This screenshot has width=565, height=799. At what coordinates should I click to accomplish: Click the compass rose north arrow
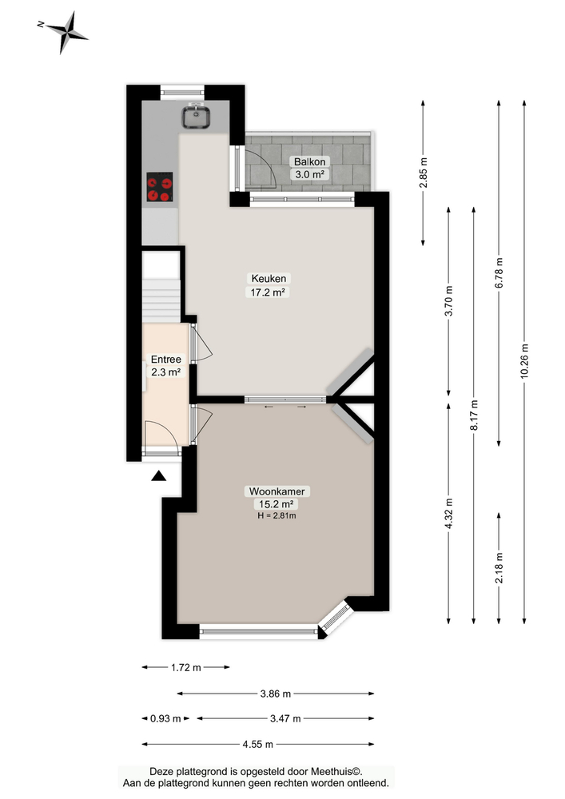tap(66, 32)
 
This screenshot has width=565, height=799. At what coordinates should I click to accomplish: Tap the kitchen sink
tap(196, 117)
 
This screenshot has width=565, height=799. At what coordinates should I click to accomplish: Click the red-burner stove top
tap(159, 189)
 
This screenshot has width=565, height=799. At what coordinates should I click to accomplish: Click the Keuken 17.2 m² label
tap(269, 285)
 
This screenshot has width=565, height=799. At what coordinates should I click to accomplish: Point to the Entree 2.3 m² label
tap(166, 365)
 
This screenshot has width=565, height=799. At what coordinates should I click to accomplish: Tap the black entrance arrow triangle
tap(159, 477)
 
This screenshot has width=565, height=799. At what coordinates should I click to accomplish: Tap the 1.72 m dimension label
tap(185, 667)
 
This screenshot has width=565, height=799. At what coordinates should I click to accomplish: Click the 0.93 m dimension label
tap(165, 718)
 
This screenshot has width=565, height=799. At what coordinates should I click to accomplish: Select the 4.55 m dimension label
tap(257, 744)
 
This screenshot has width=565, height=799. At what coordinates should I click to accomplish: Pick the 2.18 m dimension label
tap(499, 568)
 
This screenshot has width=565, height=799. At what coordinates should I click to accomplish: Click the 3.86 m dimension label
tap(275, 693)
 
